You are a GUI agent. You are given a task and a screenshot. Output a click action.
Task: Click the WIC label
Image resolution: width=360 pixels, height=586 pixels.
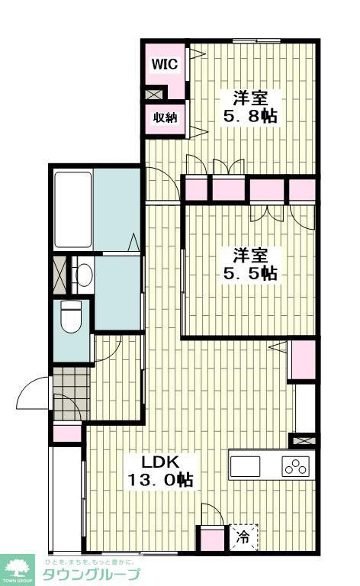164,65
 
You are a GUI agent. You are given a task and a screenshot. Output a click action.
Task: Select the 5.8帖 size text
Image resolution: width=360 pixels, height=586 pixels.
249,117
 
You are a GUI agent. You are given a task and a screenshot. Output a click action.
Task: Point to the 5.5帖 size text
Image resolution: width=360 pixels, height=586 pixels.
249,272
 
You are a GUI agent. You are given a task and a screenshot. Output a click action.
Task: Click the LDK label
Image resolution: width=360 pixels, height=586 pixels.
159,462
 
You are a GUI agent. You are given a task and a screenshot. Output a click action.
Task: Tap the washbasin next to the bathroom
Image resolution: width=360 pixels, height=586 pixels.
83,274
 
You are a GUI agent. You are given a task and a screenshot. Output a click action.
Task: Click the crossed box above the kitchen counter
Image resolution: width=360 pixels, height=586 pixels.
303,441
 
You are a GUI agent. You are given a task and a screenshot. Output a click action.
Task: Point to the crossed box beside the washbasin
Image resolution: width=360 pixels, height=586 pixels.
59,275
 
